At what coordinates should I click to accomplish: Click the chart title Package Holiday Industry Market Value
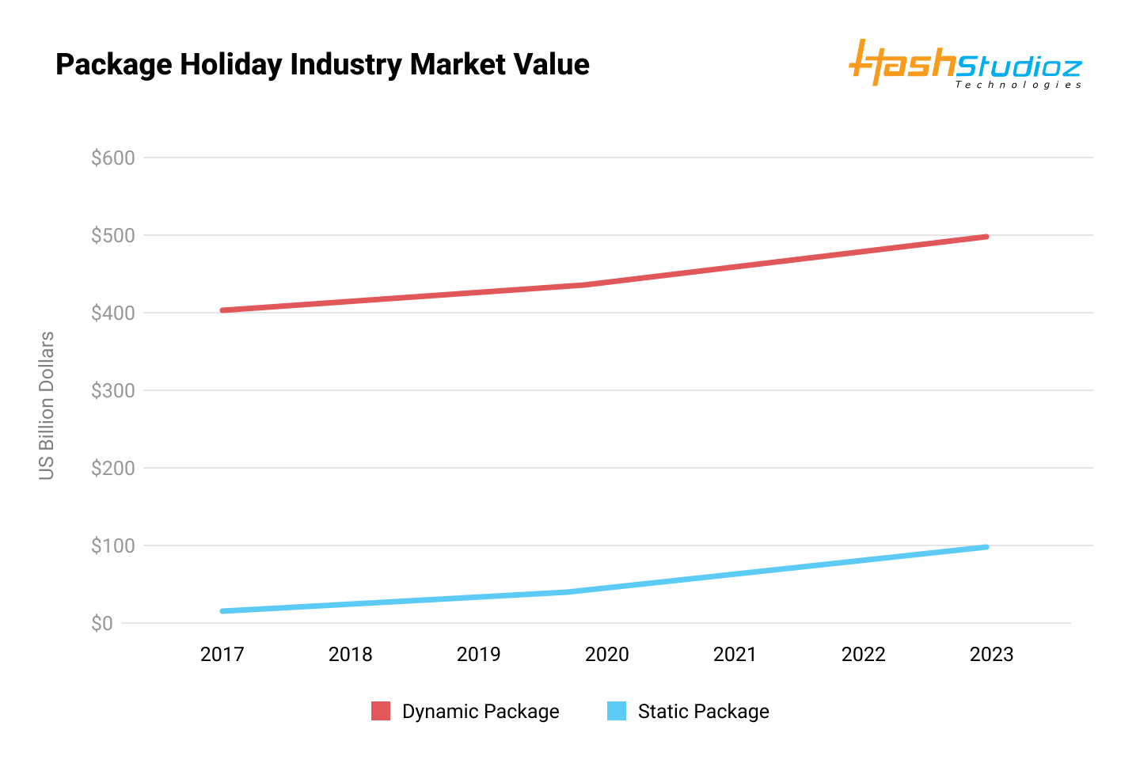coord(322,64)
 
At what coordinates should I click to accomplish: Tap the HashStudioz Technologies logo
coord(965,63)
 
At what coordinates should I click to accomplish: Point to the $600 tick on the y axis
coord(113,158)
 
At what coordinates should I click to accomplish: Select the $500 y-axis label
coord(113,235)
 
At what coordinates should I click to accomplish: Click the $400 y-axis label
coord(113,313)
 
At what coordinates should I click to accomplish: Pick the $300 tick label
coord(113,390)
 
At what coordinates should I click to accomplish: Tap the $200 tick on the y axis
coord(113,468)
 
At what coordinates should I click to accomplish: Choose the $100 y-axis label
coord(113,545)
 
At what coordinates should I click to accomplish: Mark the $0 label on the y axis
coord(102,623)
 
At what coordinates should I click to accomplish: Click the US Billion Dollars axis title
coord(47,405)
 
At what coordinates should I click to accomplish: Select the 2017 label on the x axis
coord(222,655)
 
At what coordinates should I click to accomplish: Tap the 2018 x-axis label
coord(351,655)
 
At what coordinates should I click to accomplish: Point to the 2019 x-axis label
coord(479,655)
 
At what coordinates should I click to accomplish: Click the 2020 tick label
coord(607,655)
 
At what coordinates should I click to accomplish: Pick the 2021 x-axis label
coord(735,655)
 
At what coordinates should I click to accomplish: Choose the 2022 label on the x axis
coord(864,655)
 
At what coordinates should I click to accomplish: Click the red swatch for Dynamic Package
coord(381,711)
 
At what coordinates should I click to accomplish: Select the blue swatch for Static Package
coord(617,711)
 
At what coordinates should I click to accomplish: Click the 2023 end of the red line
coord(986,237)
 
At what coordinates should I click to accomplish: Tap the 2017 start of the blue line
coord(222,611)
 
